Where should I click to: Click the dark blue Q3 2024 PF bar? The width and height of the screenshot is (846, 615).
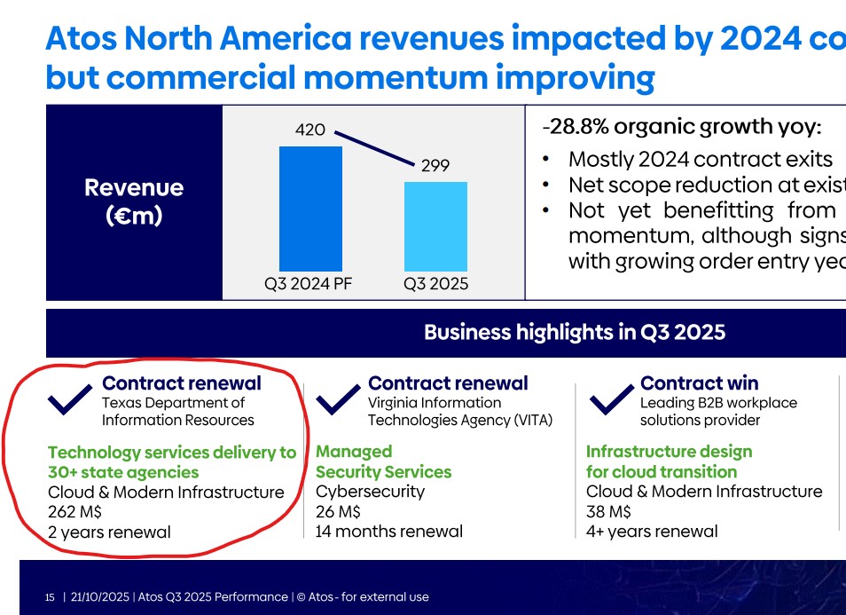point(310,209)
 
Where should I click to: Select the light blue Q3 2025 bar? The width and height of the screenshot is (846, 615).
point(435,226)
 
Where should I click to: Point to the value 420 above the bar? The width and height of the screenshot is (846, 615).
point(310,130)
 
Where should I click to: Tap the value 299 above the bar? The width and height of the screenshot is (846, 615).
point(435,166)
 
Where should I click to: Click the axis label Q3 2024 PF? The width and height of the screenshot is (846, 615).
point(309,285)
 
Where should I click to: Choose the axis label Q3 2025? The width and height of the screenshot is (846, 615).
point(435,285)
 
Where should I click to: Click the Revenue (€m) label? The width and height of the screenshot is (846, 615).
point(134,201)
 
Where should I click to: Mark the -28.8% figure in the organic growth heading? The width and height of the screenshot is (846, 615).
point(574,127)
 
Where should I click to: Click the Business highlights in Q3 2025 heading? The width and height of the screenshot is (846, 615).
point(574,333)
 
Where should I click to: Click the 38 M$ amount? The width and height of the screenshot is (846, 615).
point(608,512)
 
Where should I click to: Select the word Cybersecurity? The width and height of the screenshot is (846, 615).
point(370,492)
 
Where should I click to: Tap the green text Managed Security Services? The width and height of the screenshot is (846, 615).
point(383,461)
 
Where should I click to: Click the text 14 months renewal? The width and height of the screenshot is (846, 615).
point(389,532)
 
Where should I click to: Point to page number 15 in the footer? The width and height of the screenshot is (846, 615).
point(50,597)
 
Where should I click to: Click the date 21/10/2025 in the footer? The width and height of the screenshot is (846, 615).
point(100,597)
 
